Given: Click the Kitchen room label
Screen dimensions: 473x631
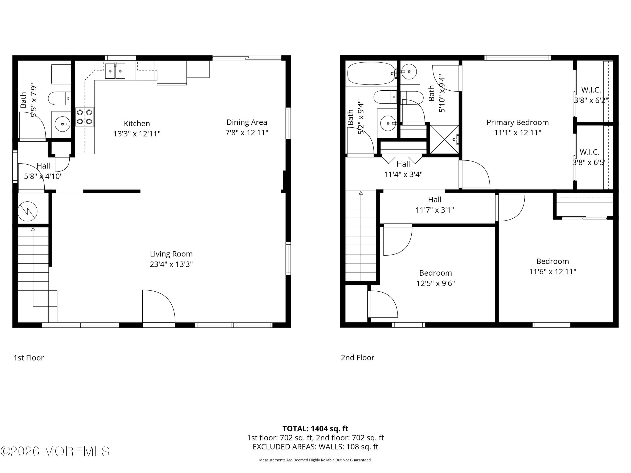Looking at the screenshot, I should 137,123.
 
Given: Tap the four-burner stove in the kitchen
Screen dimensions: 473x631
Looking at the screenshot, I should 84,117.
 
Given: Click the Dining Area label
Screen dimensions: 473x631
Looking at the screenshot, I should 247,122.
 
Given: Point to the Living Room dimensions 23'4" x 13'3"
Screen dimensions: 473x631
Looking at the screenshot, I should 171,264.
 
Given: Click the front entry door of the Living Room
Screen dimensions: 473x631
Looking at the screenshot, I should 158,307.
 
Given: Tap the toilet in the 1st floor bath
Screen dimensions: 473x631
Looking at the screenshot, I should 59,98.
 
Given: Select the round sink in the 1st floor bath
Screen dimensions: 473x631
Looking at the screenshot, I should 62,124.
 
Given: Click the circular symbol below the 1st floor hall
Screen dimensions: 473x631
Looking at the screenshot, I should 27,211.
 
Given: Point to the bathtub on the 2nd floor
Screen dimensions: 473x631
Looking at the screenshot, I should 371,73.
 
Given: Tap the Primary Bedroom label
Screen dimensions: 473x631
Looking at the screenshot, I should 517,122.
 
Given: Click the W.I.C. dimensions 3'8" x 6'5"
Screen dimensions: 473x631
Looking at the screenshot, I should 589,163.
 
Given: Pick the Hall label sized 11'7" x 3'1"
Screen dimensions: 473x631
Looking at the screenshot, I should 435,200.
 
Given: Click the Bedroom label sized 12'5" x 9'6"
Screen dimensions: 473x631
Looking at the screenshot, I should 435,273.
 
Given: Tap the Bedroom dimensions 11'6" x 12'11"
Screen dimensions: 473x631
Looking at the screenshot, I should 553,272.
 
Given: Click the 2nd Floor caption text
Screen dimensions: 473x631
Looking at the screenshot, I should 357,358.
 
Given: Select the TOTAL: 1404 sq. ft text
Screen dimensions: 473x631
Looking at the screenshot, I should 315,428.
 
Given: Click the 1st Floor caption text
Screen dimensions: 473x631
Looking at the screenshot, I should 29,358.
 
